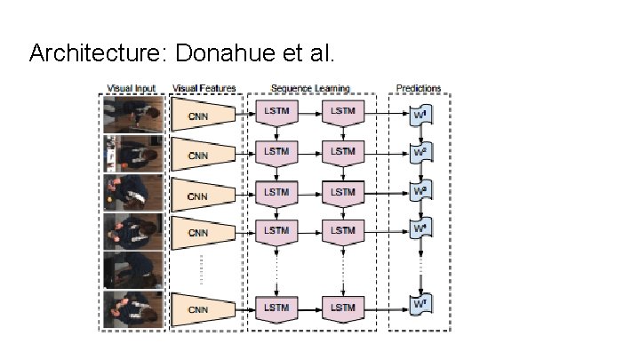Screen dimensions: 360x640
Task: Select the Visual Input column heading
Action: coord(132,88)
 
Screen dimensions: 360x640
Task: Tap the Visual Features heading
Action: coord(204,88)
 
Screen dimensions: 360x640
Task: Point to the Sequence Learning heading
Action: coord(310,88)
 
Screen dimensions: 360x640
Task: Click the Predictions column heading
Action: coord(418,88)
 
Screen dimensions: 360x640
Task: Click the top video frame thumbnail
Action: coord(133,113)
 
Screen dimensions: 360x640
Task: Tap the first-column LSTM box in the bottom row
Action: coord(276,308)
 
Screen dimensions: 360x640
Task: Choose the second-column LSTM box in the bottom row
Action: coord(342,308)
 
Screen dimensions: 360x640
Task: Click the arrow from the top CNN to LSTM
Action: coord(246,113)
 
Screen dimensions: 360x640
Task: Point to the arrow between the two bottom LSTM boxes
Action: coord(309,308)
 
